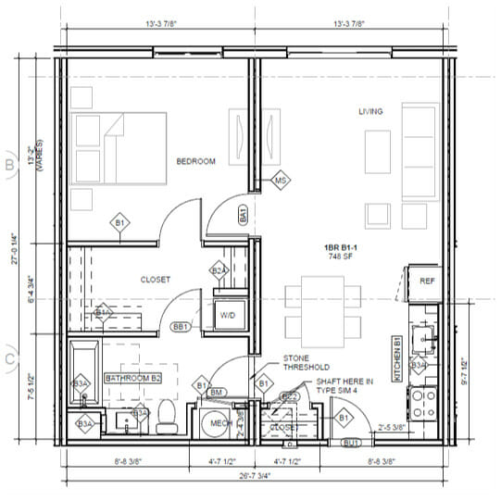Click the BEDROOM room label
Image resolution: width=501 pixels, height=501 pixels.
click(195, 161)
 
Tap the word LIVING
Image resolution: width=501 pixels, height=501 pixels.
click(370, 112)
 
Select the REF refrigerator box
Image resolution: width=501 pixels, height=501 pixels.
click(427, 281)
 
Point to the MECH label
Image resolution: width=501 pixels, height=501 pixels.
click(220, 423)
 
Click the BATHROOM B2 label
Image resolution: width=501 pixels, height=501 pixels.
click(133, 379)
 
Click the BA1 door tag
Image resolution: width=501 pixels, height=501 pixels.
click(243, 216)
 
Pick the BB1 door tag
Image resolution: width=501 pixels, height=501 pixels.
click(181, 327)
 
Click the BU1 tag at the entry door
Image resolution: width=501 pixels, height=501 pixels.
click(351, 444)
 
